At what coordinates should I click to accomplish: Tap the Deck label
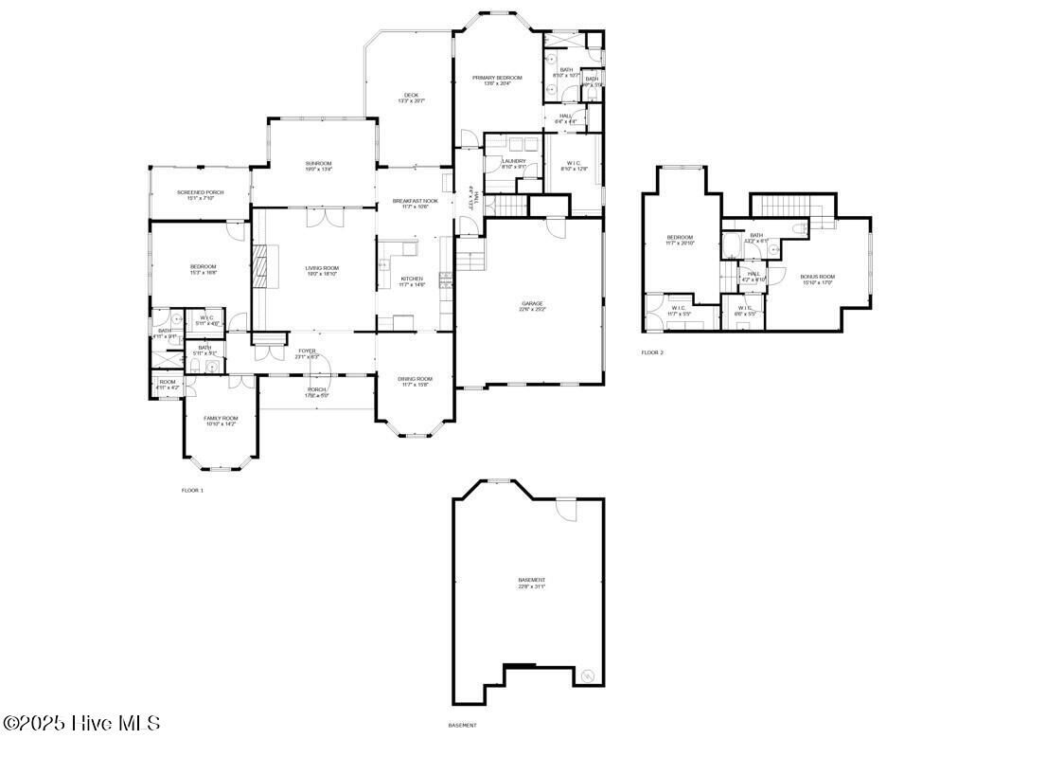[x=411, y=95]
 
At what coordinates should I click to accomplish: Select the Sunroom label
[x=318, y=163]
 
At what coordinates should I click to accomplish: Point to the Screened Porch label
[x=201, y=192]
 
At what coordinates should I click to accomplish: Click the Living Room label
[x=322, y=268]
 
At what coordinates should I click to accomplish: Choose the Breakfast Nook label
[x=416, y=201]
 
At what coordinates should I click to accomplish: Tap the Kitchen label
[x=412, y=279]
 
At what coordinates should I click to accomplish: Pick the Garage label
[x=530, y=303]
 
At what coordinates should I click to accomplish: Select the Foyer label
[x=307, y=351]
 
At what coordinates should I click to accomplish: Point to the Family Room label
[x=221, y=418]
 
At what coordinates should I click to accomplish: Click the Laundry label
[x=513, y=161]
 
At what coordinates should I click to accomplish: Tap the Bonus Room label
[x=818, y=277]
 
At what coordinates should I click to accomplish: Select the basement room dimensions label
[x=531, y=586]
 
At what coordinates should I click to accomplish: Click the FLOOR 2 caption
[x=652, y=352]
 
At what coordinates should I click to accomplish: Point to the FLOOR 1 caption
[x=192, y=490]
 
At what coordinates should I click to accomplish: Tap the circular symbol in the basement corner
[x=587, y=675]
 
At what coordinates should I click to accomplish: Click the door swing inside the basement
[x=566, y=510]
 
